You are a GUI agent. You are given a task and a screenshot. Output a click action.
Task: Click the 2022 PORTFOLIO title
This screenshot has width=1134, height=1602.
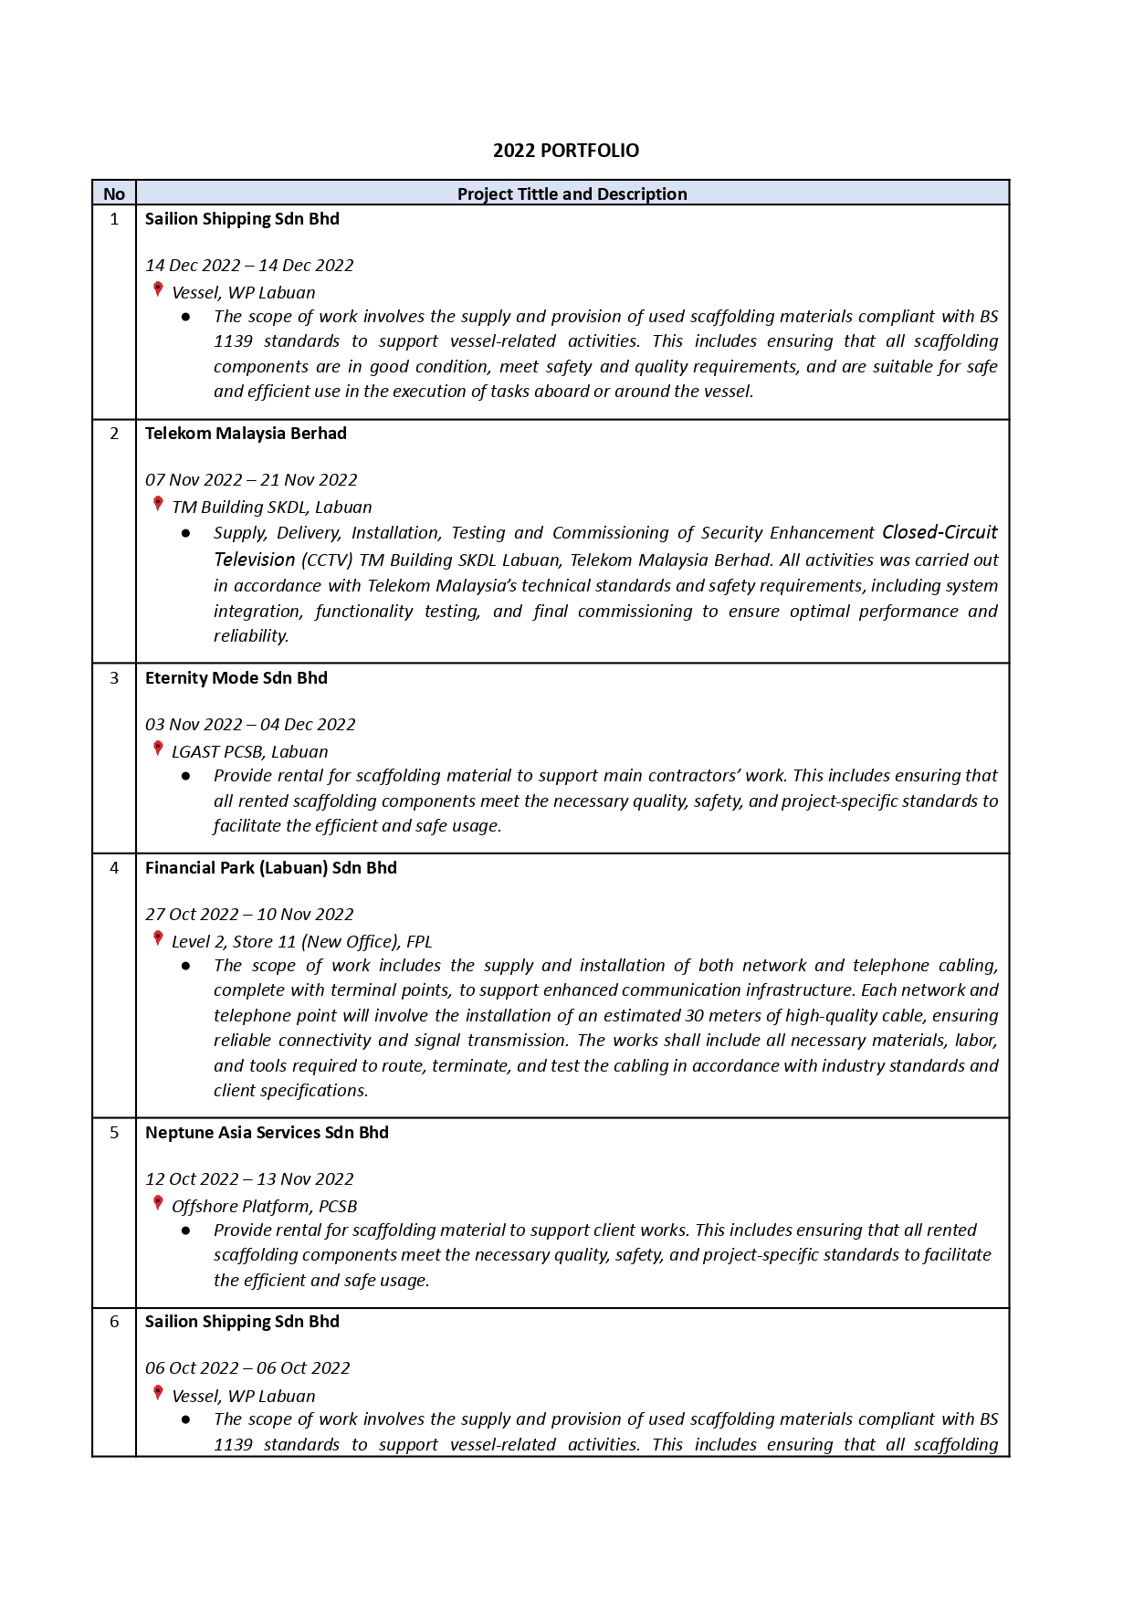point(566,151)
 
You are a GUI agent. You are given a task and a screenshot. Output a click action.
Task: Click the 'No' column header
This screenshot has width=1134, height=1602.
point(114,194)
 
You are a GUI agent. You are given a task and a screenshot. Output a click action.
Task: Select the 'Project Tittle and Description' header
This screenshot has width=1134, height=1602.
point(572,194)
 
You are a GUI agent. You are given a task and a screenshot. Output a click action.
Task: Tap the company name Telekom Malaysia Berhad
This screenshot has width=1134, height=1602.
point(246,434)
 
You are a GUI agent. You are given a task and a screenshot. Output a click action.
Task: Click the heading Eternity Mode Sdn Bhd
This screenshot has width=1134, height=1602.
point(236,678)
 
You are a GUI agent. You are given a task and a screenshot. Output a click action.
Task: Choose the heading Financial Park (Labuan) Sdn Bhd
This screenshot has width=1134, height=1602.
point(270,868)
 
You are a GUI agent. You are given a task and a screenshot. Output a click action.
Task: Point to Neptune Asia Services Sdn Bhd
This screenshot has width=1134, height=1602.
point(267,1133)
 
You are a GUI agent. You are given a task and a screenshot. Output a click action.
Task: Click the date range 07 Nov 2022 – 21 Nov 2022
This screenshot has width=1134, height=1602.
point(251,480)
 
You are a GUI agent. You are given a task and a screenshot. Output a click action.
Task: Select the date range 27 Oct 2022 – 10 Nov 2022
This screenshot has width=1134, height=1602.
point(249,915)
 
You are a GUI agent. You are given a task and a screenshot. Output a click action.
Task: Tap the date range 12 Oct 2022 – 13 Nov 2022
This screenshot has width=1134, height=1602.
point(249,1179)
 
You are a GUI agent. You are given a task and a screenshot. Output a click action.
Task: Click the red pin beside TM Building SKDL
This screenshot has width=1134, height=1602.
point(158,505)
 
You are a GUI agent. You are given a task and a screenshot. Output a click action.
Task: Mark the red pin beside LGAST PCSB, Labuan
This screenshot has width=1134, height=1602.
point(158,749)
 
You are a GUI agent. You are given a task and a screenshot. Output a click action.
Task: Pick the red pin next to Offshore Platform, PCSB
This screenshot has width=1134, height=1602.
point(158,1204)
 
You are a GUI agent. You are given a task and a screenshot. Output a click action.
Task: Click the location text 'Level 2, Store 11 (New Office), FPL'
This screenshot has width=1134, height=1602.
point(301,942)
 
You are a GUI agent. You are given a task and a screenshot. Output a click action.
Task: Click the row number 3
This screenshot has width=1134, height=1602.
point(114,678)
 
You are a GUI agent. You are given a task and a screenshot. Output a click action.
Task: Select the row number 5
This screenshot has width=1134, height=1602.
point(114,1133)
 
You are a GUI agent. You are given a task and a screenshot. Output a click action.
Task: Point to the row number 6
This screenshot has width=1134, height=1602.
point(114,1322)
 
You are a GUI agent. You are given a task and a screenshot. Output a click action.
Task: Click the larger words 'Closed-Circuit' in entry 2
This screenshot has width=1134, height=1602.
point(940,532)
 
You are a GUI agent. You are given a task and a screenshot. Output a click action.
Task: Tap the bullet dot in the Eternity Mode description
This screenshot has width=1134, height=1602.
point(186,776)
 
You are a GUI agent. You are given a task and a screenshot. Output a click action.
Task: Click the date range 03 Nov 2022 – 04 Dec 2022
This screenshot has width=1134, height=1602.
point(250,725)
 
